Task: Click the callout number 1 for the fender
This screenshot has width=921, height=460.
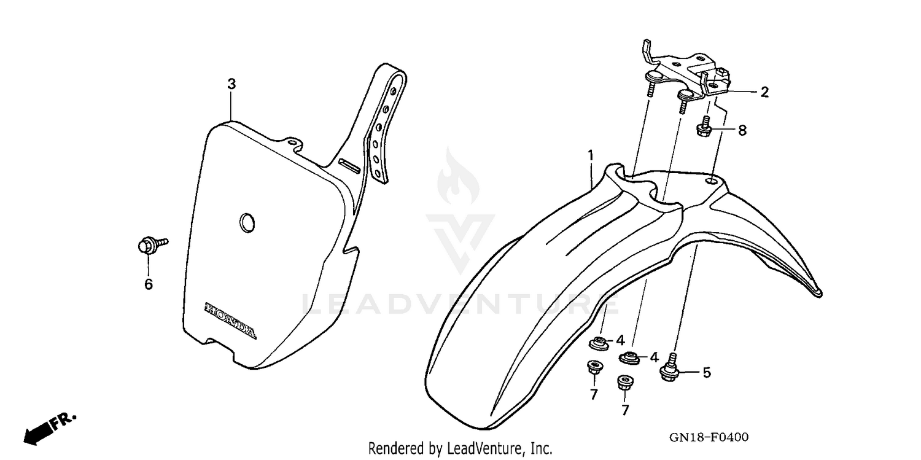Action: [x=590, y=156]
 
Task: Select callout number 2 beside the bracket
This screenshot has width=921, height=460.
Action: [x=764, y=92]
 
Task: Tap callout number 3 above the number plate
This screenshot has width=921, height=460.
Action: [x=231, y=84]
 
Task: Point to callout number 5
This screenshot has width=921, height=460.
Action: [x=706, y=372]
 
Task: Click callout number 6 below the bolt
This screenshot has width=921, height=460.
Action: [x=148, y=284]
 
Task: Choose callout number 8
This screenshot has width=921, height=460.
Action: [x=742, y=130]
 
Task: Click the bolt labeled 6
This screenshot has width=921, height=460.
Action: [x=150, y=247]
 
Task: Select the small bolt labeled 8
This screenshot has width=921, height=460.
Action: [x=704, y=128]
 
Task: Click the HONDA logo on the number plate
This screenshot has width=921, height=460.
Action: [x=230, y=321]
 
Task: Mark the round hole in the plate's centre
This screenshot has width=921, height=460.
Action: [x=247, y=222]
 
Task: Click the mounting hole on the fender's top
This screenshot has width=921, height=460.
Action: [x=712, y=181]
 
